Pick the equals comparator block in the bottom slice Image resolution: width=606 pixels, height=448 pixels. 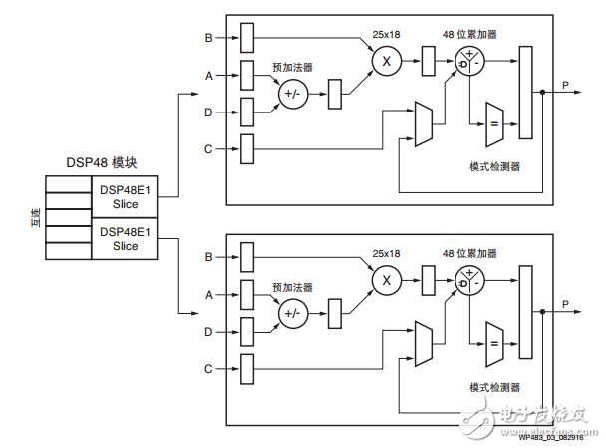click(x=495, y=342)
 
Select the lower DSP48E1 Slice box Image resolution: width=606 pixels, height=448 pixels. click(x=125, y=239)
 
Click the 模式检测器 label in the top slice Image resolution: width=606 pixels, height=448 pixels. click(x=494, y=165)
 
